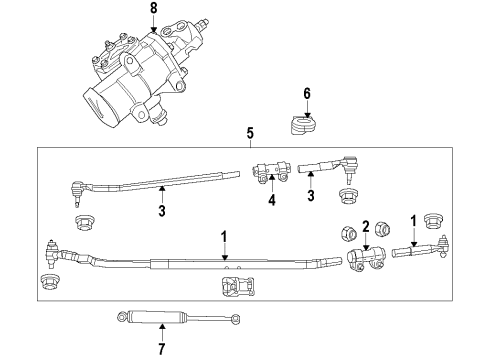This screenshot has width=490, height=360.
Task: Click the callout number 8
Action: click(x=153, y=9)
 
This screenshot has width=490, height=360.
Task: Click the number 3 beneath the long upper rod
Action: click(x=160, y=211)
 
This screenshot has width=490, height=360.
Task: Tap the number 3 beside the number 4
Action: click(x=310, y=198)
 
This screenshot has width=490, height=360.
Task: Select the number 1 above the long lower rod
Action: click(x=225, y=237)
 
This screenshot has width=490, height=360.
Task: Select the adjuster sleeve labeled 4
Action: click(x=271, y=172)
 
